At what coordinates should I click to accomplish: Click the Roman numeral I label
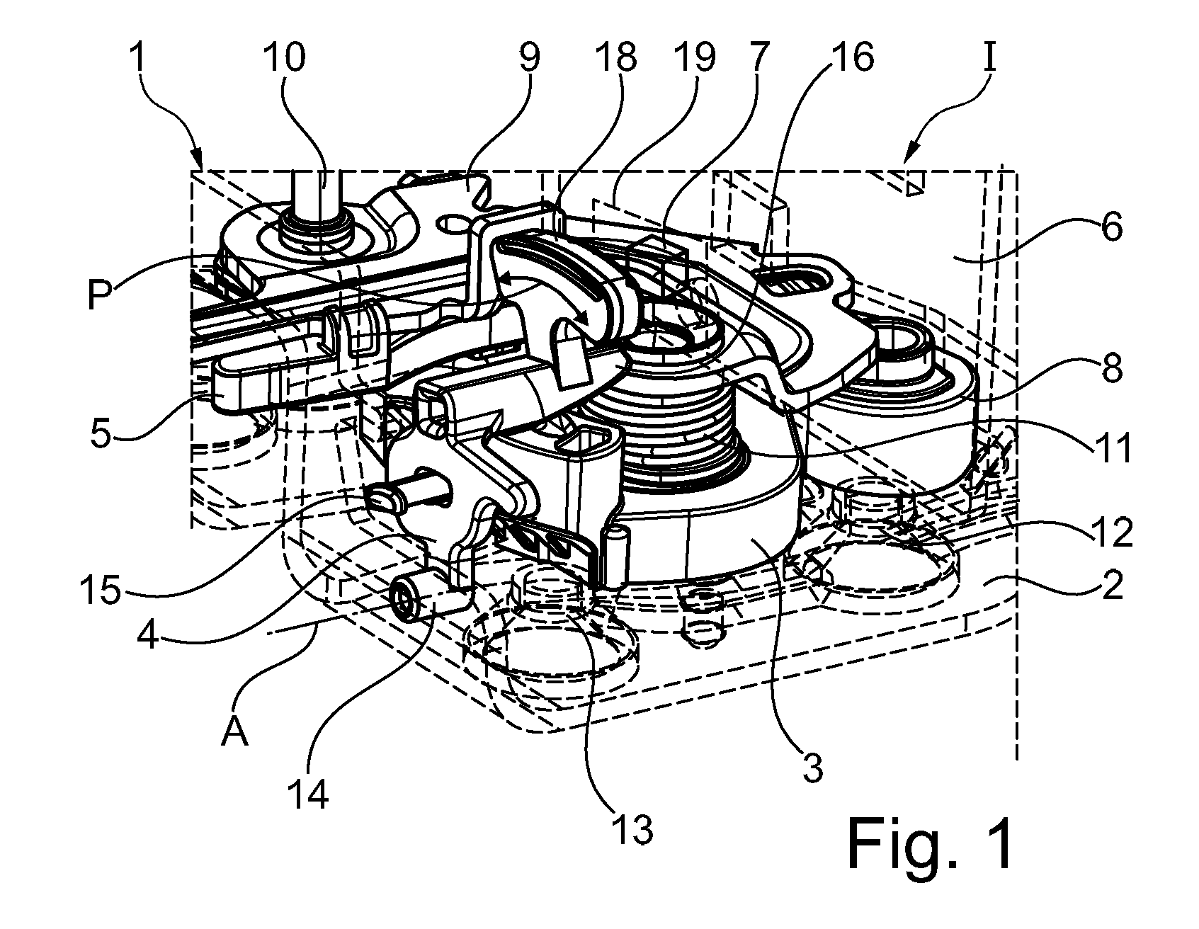pyautogui.click(x=990, y=56)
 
